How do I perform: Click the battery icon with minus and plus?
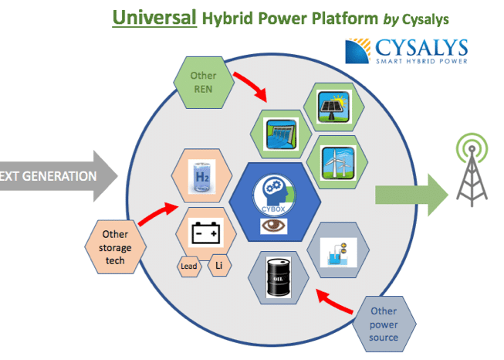(201, 233)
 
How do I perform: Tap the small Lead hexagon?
(189, 267)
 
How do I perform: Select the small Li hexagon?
(218, 266)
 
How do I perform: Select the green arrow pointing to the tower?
(411, 194)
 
